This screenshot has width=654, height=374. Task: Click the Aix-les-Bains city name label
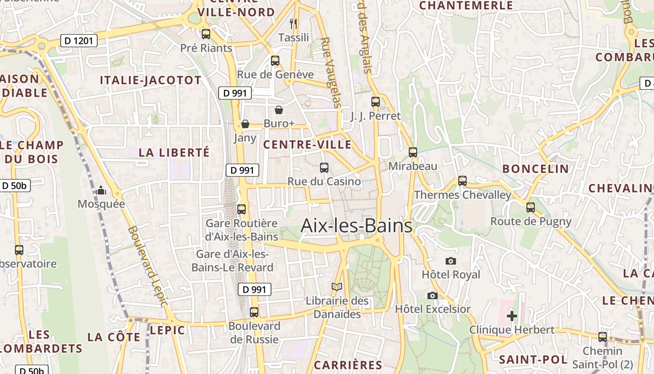356,226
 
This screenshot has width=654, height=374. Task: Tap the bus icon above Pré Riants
206,34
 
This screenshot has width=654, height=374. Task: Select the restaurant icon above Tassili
293,23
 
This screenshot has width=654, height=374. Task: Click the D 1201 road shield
79,41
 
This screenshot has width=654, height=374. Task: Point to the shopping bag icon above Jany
245,124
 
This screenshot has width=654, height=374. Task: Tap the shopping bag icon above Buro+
279,110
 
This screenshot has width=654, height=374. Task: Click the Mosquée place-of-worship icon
101,190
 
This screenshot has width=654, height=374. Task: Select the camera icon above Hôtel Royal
451,261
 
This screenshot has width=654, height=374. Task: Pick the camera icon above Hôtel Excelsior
433,295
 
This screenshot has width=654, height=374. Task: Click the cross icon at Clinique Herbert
512,316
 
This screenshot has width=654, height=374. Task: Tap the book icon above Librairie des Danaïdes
336,287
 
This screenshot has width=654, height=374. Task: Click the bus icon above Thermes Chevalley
462,180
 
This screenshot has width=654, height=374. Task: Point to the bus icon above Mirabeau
412,152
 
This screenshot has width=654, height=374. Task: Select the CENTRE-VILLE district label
307,144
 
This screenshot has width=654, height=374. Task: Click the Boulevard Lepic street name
148,266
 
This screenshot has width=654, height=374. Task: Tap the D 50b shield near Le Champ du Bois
15,186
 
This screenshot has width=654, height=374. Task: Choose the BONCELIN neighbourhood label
535,169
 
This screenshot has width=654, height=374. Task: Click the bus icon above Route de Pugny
530,207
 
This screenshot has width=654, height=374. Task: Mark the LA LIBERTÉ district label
174,152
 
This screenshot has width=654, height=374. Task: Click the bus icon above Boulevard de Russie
254,312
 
